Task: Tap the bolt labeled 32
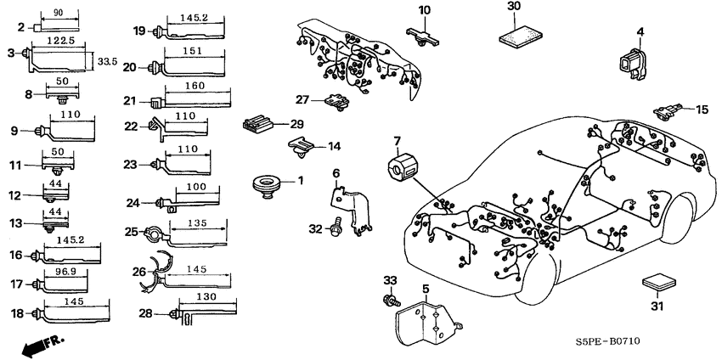click(336, 228)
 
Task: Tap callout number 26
click(139, 272)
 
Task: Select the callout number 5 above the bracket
click(426, 290)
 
